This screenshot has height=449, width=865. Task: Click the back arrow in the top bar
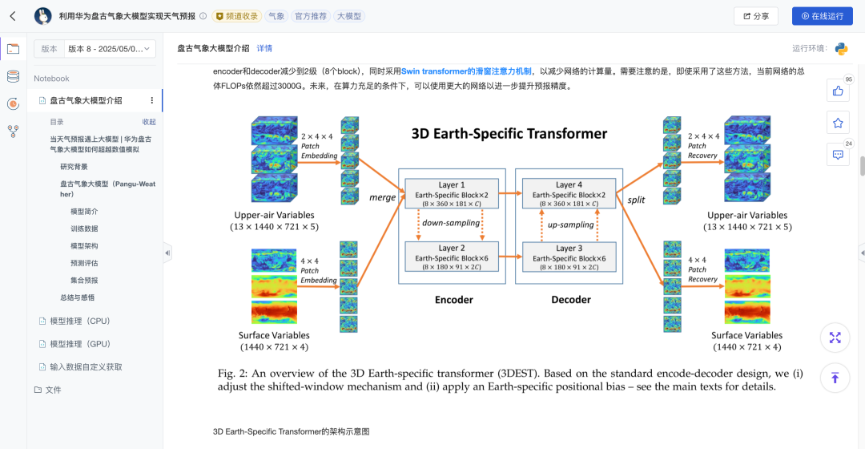coord(13,16)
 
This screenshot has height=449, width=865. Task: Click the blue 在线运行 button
coord(822,16)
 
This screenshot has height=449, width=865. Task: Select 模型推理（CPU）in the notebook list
coord(80,321)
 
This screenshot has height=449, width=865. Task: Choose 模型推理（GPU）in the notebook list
coord(80,344)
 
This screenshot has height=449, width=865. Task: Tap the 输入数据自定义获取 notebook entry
coord(86,366)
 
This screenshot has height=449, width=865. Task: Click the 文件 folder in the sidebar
coord(53,390)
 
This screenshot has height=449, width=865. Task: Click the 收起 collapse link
coord(149,122)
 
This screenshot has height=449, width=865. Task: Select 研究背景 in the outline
coord(74,167)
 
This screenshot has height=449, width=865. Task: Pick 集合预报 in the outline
coord(84,280)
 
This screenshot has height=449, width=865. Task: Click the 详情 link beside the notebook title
coord(264,48)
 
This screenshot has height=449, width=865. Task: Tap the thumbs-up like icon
coord(838,91)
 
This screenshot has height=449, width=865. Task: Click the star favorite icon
coord(838,123)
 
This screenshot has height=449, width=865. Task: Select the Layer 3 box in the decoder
coord(569,257)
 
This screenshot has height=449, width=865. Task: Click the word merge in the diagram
coord(381,197)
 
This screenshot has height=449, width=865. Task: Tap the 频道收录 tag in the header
coord(236,16)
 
